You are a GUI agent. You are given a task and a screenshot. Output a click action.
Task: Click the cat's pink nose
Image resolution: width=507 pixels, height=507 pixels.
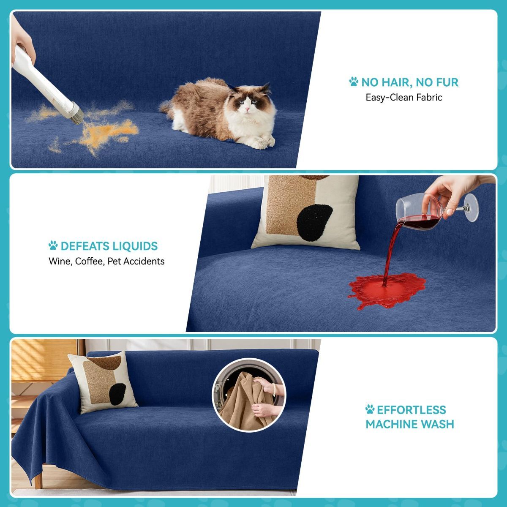[x=247, y=109]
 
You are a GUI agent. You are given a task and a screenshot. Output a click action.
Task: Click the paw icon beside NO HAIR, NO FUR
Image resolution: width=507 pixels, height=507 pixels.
[x=354, y=82]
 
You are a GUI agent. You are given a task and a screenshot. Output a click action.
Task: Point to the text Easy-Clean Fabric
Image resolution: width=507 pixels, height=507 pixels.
[x=403, y=97]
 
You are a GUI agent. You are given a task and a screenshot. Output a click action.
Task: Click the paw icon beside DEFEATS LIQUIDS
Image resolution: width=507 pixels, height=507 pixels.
[x=53, y=245]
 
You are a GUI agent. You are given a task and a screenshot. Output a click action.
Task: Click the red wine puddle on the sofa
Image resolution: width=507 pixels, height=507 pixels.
[x=387, y=289]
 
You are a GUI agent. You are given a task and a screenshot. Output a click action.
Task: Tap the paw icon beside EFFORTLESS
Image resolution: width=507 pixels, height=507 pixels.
[x=370, y=409]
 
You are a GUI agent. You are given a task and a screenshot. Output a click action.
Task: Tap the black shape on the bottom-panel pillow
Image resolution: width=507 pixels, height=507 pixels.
[x=118, y=394]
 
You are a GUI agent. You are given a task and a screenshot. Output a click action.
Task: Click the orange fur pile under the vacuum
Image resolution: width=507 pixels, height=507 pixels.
[x=111, y=131]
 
